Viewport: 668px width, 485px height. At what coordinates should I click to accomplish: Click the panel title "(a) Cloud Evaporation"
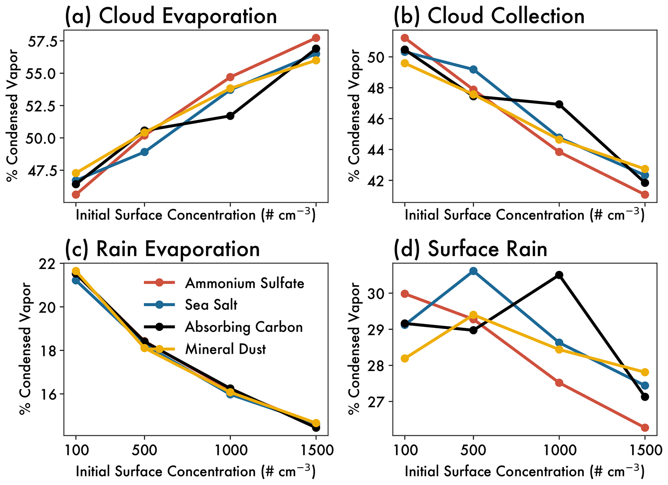171,16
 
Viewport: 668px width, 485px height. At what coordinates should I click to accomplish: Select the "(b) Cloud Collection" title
489,16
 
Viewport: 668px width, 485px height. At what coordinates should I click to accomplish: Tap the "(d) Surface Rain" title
470,249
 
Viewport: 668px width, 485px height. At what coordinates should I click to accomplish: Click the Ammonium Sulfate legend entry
244,283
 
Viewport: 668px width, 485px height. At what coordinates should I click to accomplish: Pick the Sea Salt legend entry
211,304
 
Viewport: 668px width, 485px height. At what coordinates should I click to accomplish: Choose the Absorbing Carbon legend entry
244,327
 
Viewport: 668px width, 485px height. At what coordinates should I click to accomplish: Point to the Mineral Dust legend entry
225,349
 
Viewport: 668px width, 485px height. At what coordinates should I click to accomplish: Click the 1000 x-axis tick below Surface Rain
559,450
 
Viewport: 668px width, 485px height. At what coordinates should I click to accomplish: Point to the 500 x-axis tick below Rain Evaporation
144,450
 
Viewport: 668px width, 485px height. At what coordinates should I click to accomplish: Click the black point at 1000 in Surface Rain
559,275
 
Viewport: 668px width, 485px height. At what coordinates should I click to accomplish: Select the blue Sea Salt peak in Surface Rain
473,271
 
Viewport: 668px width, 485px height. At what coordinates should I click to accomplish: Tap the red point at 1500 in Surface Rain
645,428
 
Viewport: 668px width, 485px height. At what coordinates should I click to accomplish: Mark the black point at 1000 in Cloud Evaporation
230,116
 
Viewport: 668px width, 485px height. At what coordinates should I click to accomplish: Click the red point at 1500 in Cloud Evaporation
316,38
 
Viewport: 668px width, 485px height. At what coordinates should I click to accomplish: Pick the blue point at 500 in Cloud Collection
473,69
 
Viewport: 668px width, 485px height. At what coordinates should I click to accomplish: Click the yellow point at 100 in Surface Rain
405,358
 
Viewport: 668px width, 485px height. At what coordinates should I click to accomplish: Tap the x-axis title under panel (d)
524,472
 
